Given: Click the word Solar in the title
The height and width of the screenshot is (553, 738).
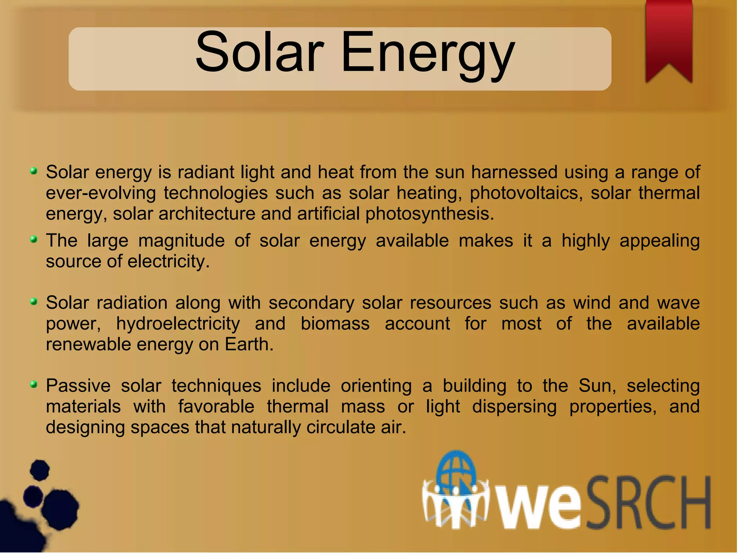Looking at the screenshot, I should click(259, 52).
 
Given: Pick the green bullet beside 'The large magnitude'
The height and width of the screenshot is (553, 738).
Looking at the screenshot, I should click(34, 239).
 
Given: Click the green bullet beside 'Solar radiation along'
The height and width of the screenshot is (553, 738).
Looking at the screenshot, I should click(34, 302).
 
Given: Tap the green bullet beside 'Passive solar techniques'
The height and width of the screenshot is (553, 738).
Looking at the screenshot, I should click(34, 385).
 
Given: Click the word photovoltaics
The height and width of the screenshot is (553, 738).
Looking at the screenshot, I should click(526, 193).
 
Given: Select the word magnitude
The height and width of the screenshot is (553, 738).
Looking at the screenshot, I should click(181, 241).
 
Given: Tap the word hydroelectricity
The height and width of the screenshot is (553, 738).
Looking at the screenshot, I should click(178, 324).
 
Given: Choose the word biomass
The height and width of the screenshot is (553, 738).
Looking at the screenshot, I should click(335, 324).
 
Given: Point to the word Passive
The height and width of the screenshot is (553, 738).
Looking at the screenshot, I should click(78, 386).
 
